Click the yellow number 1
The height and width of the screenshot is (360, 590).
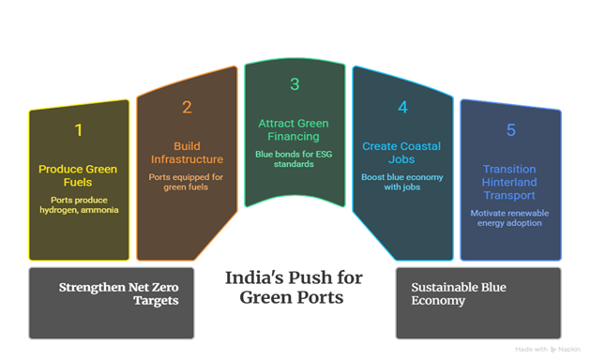pos(78,130)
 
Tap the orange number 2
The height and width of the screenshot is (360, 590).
pos(187,107)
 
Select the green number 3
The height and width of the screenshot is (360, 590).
pos(295,84)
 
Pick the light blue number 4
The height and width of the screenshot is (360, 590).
pos(402,107)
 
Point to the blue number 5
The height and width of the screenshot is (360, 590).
pos(510,130)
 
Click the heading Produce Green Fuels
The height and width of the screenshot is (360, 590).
pos(78,175)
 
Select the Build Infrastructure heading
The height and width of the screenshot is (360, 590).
pos(187,153)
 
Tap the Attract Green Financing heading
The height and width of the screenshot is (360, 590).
pos(294,129)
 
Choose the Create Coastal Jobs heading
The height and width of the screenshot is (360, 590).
pos(401,153)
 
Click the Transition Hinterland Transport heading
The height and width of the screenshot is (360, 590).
pos(509,182)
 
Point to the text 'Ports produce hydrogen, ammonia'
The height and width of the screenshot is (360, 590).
pos(79,205)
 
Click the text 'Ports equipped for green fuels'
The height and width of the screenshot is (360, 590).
pos(186,182)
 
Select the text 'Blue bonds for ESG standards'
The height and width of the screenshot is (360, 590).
pos(294,159)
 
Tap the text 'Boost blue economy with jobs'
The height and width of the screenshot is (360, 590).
pos(401,182)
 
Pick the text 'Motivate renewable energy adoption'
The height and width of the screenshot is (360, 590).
pos(509,218)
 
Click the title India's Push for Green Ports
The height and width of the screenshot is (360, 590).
pos(294,288)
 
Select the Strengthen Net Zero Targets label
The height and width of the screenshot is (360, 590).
pos(118,293)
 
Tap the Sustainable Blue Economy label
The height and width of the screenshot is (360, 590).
pos(459,293)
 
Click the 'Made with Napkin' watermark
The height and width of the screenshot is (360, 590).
pos(548,350)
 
